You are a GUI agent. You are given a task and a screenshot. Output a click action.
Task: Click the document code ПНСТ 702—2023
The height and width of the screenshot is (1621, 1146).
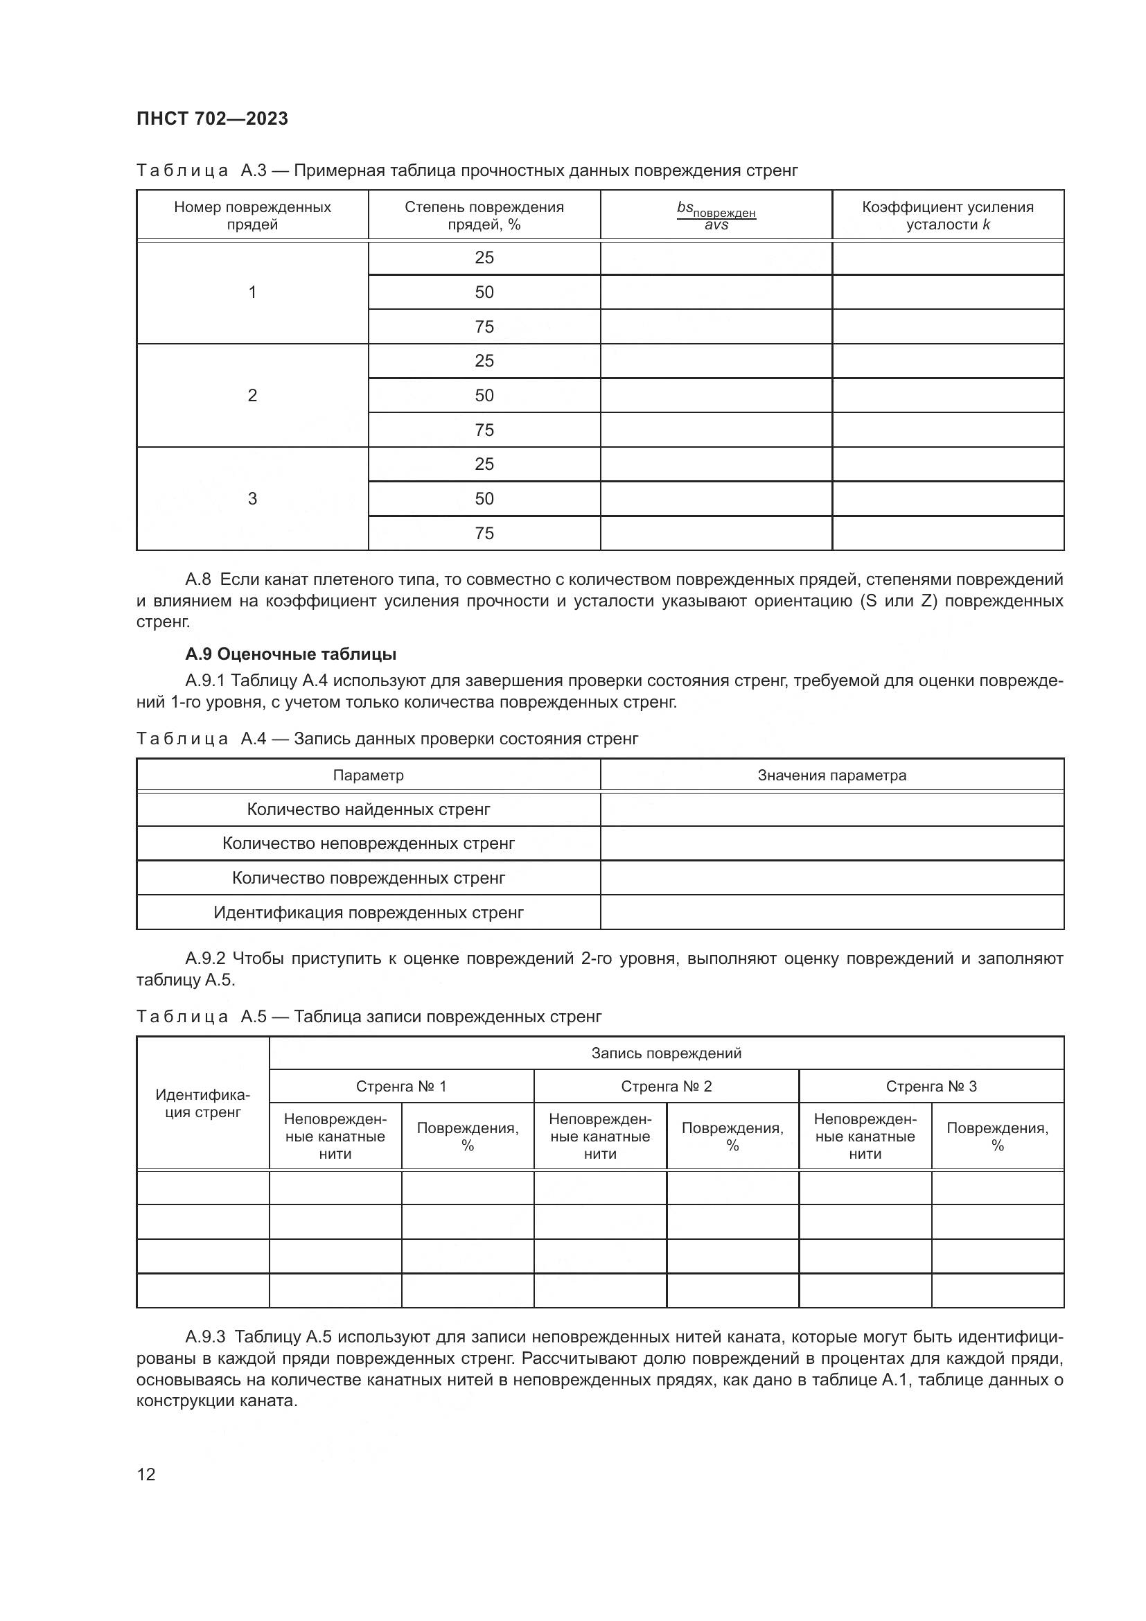point(213,119)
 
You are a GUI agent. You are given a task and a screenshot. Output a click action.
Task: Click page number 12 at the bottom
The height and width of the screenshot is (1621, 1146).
point(146,1474)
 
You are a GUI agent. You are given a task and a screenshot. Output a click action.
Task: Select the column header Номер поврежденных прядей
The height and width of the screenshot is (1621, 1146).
point(252,216)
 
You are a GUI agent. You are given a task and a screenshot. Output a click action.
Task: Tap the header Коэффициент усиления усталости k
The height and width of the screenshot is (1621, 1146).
point(947,216)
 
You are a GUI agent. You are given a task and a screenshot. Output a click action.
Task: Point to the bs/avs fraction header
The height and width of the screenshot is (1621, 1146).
point(716,216)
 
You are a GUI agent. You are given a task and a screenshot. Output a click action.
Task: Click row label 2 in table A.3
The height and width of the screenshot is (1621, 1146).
point(252,395)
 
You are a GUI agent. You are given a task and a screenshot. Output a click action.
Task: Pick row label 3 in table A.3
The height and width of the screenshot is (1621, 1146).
point(252,498)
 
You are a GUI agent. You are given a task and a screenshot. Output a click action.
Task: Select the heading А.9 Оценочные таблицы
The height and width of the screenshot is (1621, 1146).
point(291,654)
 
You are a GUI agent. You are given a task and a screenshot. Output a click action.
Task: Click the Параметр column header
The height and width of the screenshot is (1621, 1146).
point(369,776)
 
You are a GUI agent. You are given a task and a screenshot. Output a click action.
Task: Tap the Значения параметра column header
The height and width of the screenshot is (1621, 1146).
point(831,776)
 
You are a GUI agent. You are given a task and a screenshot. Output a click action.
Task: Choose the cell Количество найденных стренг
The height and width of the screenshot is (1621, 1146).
point(369,809)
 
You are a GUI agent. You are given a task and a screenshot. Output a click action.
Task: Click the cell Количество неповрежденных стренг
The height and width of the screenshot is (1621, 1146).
point(369,843)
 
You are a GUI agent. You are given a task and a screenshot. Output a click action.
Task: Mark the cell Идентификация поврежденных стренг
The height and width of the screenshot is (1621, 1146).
point(369,912)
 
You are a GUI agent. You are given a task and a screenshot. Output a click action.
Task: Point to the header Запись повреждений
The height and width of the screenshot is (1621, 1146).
point(666,1053)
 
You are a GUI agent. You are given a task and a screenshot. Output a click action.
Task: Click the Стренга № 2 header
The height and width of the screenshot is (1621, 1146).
point(666,1086)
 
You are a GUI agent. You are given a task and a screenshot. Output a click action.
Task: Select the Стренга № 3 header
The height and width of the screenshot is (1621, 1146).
point(931,1086)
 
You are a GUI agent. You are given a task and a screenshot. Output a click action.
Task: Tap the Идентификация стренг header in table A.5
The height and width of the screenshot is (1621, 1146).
point(202,1103)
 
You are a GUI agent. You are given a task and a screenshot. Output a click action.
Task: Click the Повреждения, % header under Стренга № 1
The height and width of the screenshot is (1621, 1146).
point(467,1136)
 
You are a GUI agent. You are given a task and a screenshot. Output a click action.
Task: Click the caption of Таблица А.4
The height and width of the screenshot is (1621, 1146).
point(387,739)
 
